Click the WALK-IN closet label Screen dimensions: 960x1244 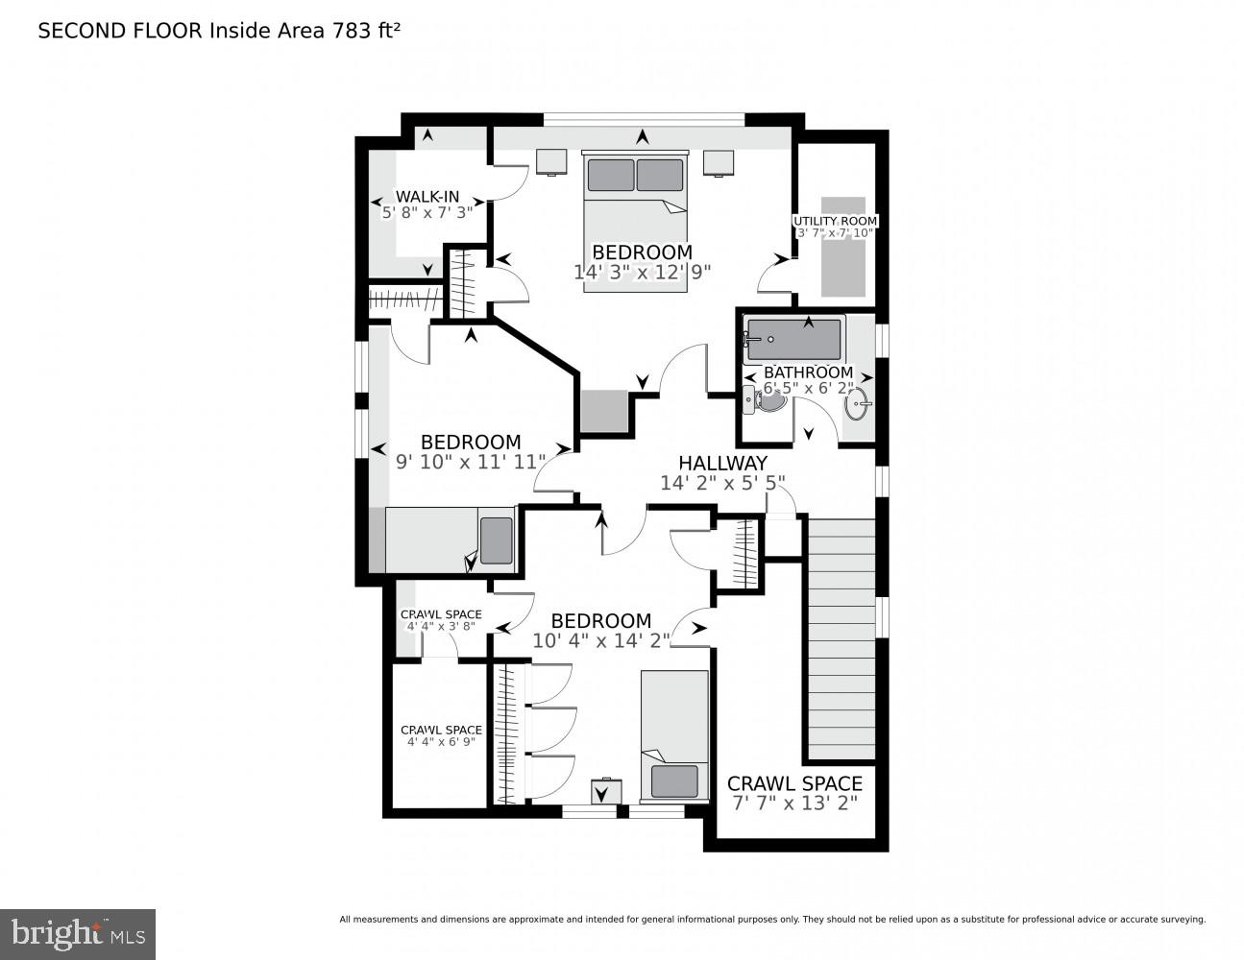click(x=427, y=197)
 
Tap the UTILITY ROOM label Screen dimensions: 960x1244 click(x=835, y=221)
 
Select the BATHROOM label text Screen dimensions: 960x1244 click(x=808, y=372)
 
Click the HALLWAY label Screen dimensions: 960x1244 click(x=722, y=463)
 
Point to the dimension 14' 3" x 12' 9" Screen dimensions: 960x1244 click(x=642, y=272)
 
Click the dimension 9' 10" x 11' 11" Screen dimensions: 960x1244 click(x=471, y=461)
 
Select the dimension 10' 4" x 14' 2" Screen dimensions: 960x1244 click(x=601, y=640)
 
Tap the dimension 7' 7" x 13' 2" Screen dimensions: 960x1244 click(x=794, y=804)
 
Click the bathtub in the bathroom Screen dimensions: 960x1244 click(x=793, y=340)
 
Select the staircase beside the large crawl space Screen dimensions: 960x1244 click(x=842, y=638)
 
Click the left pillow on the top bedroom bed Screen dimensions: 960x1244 click(x=611, y=175)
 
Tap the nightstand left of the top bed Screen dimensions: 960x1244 click(x=551, y=161)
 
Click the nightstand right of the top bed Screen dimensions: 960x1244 click(x=719, y=161)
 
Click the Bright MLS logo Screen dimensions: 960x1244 click(x=77, y=933)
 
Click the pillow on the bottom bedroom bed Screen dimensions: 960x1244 click(x=674, y=781)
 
